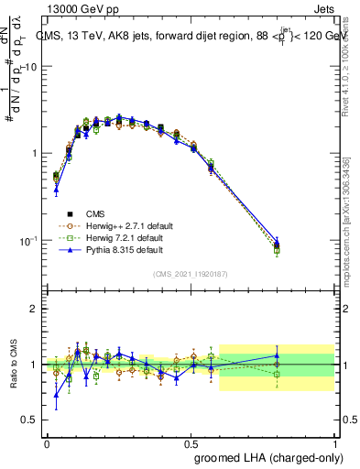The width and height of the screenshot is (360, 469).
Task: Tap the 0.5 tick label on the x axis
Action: [x=191, y=442]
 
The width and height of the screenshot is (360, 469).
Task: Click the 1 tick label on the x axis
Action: [x=335, y=442]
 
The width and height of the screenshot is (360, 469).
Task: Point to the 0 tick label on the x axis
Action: [x=47, y=442]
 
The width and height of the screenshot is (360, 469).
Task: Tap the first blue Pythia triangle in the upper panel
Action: [x=56, y=190]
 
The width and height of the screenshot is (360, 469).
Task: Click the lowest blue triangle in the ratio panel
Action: [x=56, y=396]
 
